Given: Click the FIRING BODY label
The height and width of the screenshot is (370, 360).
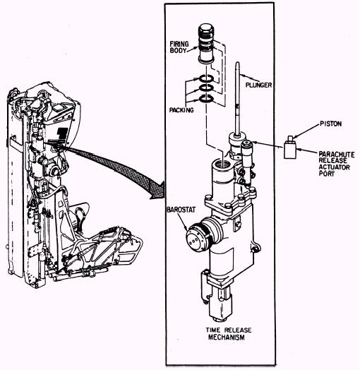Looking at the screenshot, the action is click(179, 47).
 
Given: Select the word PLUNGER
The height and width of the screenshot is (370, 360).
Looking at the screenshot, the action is click(258, 85).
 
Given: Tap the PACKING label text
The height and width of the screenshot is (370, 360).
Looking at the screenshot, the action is click(181, 110).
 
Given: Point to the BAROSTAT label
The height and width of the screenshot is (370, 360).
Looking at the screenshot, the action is click(181, 210).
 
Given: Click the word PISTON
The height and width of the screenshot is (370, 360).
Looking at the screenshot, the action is click(331, 124).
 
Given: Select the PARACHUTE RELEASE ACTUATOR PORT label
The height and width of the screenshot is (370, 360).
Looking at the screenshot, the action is click(337, 164).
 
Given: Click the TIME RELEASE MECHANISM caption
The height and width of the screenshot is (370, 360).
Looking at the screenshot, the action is click(228, 334).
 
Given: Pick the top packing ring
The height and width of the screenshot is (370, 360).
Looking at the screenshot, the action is click(206, 79).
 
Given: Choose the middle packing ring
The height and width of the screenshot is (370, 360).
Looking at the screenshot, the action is click(206, 88).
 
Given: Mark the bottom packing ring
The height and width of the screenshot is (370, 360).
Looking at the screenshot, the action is click(206, 99).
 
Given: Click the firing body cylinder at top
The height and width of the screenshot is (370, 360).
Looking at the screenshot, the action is click(206, 43).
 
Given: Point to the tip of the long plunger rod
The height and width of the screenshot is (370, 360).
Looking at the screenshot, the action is click(238, 63).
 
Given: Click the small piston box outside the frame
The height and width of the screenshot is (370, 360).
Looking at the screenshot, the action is click(290, 148).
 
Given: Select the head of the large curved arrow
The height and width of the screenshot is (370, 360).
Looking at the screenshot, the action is click(158, 190).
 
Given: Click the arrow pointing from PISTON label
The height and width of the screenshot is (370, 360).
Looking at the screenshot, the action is click(306, 131).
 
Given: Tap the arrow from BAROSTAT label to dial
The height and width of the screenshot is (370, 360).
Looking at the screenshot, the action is click(183, 222).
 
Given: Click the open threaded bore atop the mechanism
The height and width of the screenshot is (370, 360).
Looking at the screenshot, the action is click(222, 163).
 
